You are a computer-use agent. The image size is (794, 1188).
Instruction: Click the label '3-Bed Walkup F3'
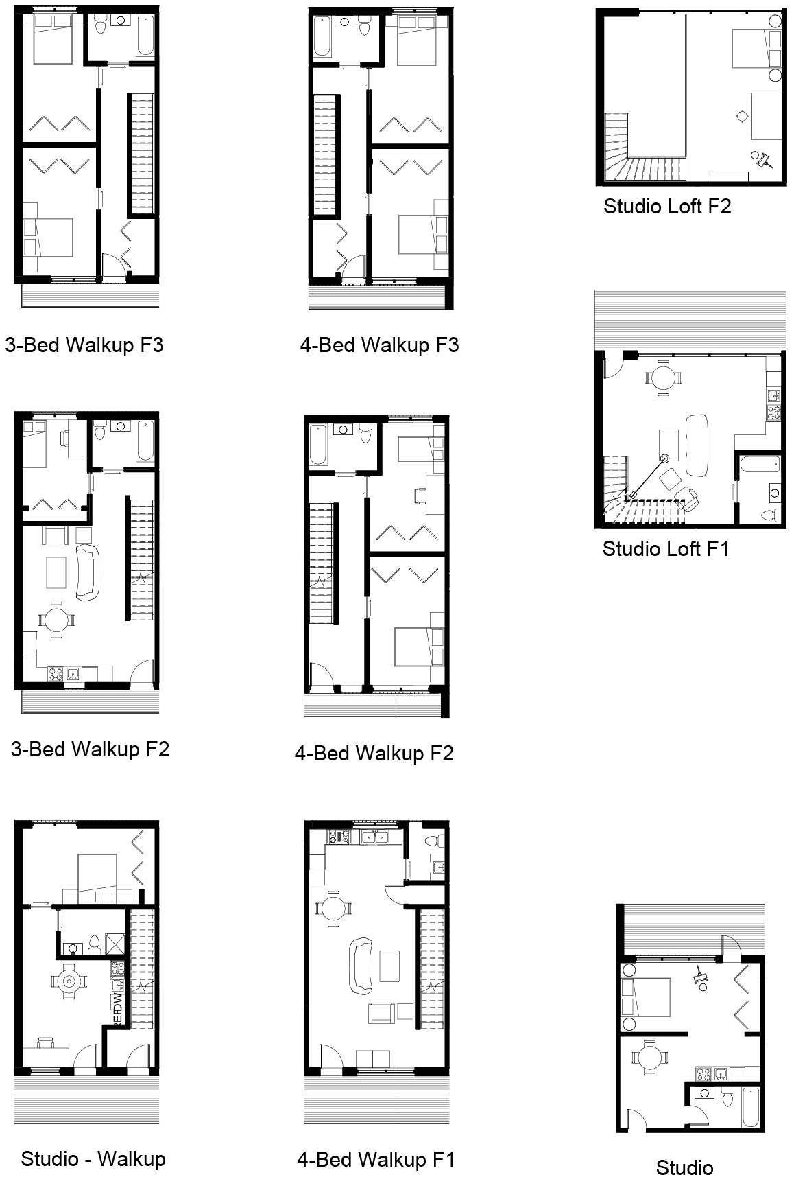(84, 344)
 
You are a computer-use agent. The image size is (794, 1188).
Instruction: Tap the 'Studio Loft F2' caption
(667, 206)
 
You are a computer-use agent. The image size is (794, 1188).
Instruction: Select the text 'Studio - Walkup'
(93, 1159)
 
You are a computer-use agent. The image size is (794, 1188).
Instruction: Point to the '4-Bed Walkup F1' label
(376, 1160)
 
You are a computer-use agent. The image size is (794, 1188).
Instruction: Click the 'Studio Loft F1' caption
(665, 548)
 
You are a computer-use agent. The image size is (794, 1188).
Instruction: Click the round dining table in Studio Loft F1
(663, 376)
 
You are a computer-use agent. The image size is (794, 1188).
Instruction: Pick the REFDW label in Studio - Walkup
(117, 1010)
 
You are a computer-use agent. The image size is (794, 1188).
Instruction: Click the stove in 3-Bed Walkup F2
(56, 674)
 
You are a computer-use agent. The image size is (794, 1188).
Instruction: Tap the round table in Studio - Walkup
(69, 981)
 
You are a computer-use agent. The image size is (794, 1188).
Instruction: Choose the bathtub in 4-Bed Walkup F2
(319, 445)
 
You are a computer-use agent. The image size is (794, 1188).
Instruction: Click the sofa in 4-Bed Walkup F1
(361, 966)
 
